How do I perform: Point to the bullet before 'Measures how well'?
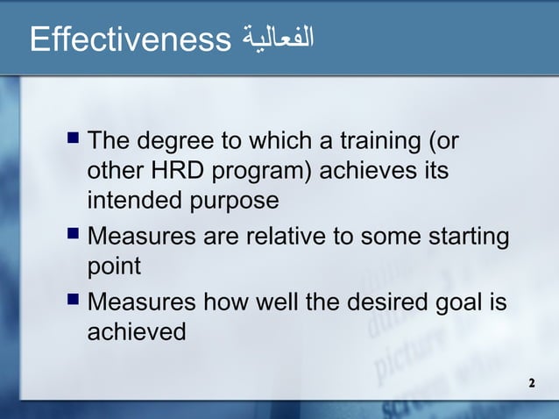[73, 302]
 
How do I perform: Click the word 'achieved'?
[137, 333]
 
